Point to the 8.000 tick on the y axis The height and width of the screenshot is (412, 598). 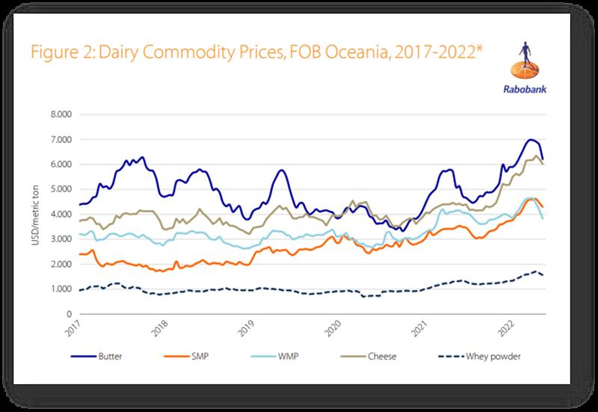[61, 114]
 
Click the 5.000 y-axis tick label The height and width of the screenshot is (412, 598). [61, 189]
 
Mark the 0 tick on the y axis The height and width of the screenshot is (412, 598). [69, 314]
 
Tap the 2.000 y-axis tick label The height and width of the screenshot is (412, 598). [61, 264]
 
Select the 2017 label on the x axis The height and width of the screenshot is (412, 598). [74, 328]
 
